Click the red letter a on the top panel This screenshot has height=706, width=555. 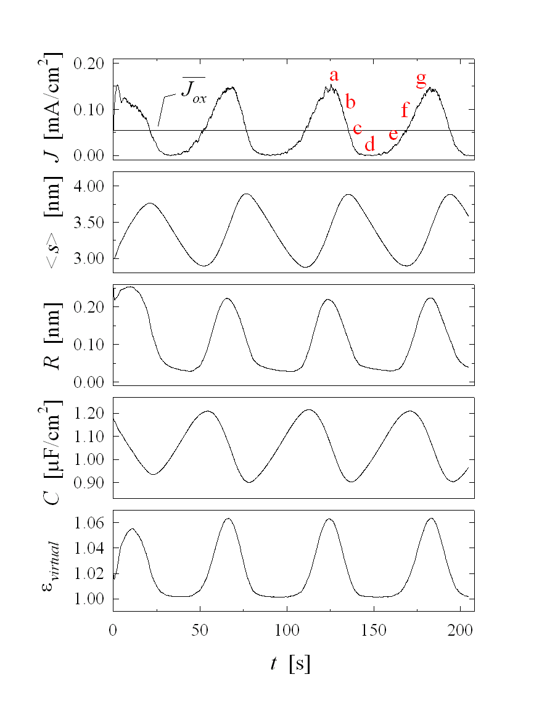[334, 76]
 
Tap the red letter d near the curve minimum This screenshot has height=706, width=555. [369, 145]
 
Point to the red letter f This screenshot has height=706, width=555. [405, 110]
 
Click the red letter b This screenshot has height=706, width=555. [350, 102]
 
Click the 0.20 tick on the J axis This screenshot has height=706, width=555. [91, 64]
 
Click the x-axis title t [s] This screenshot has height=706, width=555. [290, 663]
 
